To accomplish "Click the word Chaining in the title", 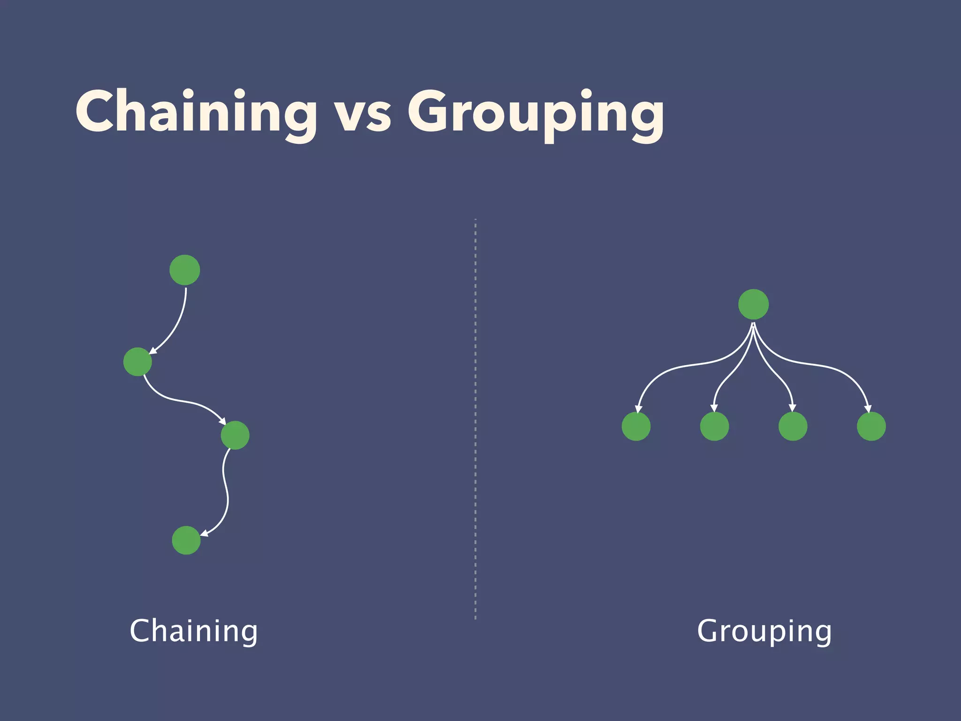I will pos(196,113).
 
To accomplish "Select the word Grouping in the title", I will pos(535,115).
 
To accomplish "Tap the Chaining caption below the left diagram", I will pos(193,631).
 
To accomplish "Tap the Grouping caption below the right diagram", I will pos(764,632).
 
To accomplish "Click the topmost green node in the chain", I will pos(185,270).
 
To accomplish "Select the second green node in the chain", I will pos(137,361).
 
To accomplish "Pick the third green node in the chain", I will pos(235,435).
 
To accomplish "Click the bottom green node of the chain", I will pos(186,540).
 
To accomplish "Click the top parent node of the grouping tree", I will pos(754,304).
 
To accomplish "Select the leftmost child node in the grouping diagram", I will pos(636,426).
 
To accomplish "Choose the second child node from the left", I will pos(715,426).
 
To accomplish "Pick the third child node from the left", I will pos(793,426).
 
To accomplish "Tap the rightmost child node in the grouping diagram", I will pos(871,426).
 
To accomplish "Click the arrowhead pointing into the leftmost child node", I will pos(638,409).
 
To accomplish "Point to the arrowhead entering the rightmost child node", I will pos(868,409).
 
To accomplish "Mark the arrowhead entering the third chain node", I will pos(222,421).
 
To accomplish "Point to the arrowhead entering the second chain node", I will pos(153,350).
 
